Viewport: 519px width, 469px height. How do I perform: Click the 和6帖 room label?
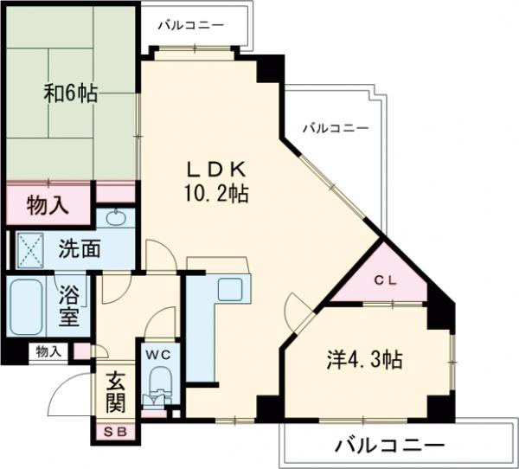coord(70,93)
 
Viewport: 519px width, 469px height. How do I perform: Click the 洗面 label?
coord(79,249)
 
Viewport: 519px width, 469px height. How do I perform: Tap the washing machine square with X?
coord(32,249)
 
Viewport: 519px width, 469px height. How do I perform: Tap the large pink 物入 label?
coord(48,206)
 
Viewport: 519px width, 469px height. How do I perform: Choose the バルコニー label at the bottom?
coord(389,447)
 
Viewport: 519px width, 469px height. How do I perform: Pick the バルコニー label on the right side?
coord(336,128)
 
